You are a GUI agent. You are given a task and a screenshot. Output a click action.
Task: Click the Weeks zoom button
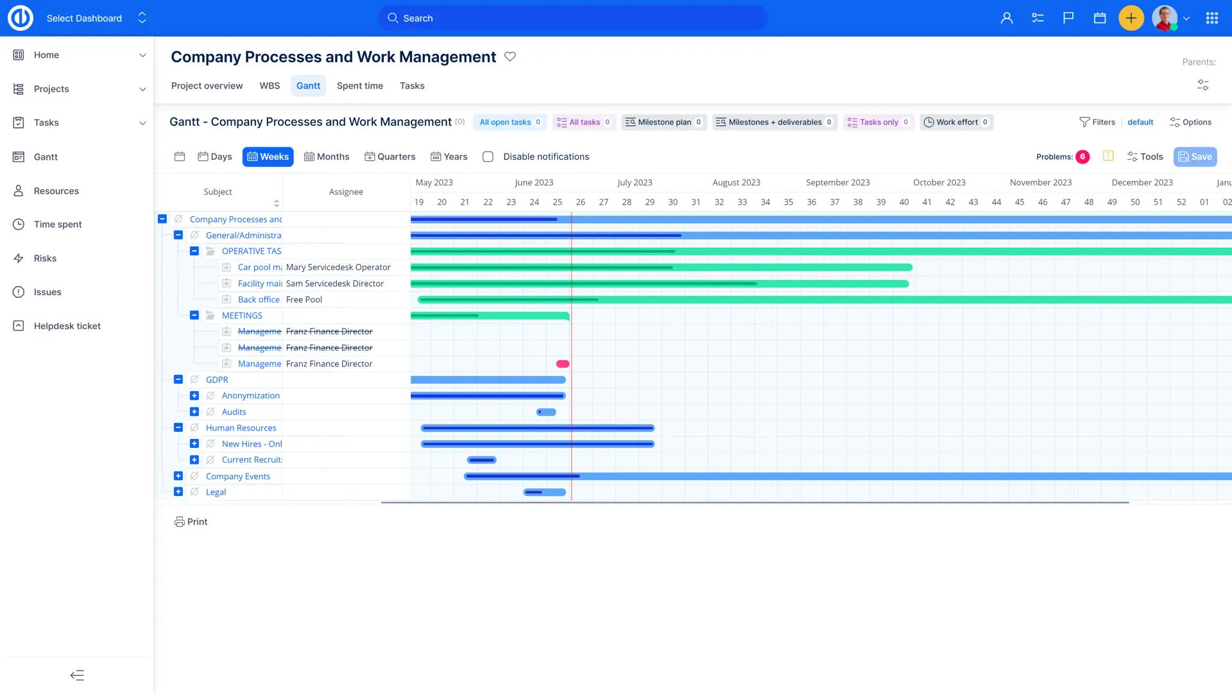pos(268,157)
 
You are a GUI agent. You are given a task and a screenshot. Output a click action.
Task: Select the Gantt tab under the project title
pos(308,86)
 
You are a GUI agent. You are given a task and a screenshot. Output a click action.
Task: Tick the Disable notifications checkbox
pos(488,157)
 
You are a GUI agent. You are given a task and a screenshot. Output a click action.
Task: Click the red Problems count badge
pos(1082,157)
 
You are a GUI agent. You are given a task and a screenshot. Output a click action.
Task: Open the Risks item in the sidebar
pos(45,258)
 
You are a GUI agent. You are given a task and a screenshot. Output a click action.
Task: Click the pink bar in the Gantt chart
pos(563,364)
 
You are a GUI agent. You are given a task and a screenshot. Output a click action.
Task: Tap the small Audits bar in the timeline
pos(546,412)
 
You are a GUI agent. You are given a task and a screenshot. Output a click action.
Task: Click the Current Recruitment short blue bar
pos(482,460)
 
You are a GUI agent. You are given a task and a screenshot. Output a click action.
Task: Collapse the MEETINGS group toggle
pos(194,315)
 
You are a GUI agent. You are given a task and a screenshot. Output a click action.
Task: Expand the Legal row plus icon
pos(178,492)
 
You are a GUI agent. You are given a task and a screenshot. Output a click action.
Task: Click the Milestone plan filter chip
pos(664,122)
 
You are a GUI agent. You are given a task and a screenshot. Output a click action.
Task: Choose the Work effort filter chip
pos(956,122)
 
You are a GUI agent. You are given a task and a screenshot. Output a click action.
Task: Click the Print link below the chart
pos(191,522)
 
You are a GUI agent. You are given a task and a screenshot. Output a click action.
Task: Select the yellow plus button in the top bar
pos(1131,18)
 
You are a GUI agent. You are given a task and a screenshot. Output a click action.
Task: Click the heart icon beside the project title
pos(510,56)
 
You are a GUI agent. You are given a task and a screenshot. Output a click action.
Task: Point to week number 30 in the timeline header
pos(672,202)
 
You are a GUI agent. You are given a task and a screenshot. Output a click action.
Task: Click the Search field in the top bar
pos(572,18)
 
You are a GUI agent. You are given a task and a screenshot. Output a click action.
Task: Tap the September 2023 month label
pos(837,182)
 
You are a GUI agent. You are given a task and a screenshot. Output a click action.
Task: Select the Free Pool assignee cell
pos(304,300)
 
